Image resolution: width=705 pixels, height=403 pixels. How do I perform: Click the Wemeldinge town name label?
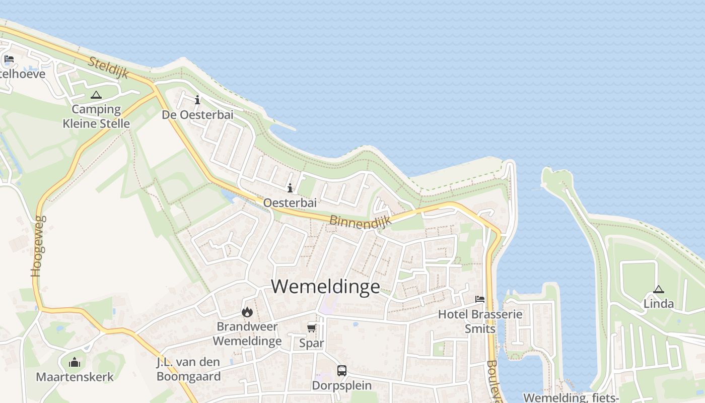point(326,286)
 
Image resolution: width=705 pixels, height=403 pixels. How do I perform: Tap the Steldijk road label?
point(109,68)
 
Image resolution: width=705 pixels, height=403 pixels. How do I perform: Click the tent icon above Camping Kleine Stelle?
point(96,95)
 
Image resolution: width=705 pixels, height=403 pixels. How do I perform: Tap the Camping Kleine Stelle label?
point(96,116)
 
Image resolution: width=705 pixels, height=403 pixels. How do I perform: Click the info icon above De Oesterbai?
point(197,100)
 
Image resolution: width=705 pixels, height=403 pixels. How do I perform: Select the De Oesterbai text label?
point(197,115)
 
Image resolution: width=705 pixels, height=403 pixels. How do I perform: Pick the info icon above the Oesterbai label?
point(290,188)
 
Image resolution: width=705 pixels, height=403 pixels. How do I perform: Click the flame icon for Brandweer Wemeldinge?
point(247,312)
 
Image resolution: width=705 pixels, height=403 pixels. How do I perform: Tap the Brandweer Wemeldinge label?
point(247,333)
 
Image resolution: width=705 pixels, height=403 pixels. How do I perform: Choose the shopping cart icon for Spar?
point(312,328)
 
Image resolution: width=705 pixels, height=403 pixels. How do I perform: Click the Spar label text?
point(312,343)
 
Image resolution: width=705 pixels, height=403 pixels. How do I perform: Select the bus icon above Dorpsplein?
point(342,371)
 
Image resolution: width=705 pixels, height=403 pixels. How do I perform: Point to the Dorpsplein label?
point(342,385)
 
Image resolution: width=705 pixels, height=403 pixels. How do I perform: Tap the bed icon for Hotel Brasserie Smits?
point(480,299)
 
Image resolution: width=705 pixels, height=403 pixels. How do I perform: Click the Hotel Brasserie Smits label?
point(480,321)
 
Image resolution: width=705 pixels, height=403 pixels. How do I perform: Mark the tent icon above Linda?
point(658,289)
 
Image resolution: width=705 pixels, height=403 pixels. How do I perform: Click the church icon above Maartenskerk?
point(75,362)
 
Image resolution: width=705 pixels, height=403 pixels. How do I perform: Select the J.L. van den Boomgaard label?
point(188,369)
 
